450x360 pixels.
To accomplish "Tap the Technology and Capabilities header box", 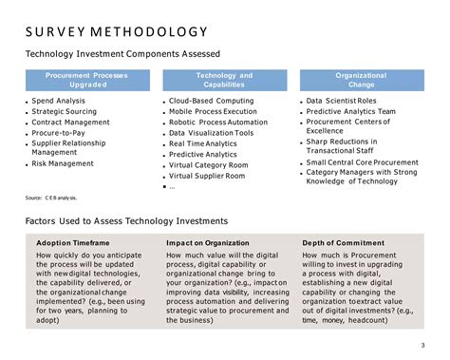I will pyautogui.click(x=224, y=79).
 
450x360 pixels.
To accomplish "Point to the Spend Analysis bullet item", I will pyautogui.click(x=59, y=100).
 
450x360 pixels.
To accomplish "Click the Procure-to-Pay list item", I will pyautogui.click(x=61, y=133).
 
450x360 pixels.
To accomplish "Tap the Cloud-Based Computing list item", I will pyautogui.click(x=211, y=101).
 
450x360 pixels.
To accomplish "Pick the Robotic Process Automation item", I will pyautogui.click(x=218, y=123).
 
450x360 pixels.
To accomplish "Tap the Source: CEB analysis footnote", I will pyautogui.click(x=51, y=198).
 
